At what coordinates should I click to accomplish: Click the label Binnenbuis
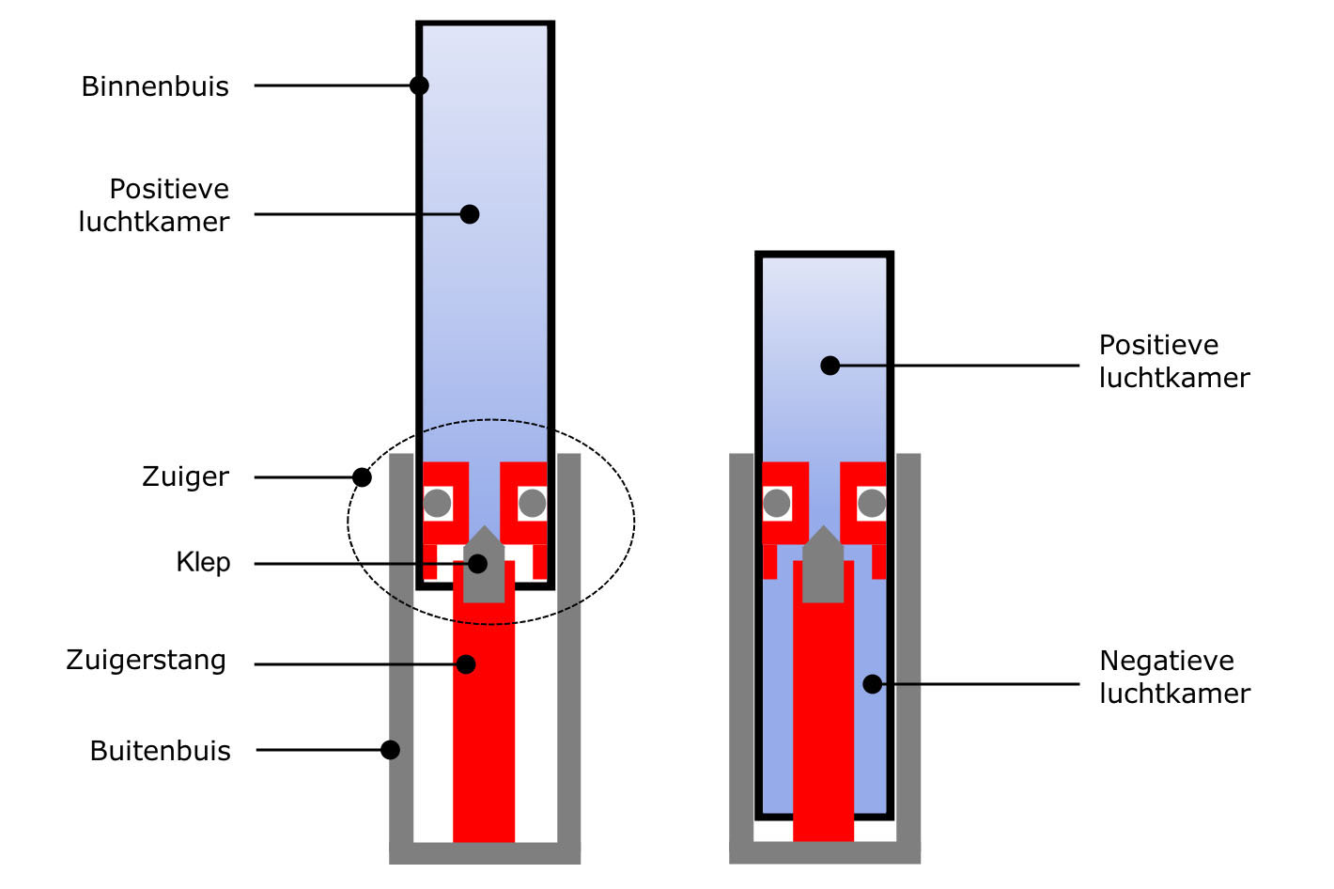click(155, 86)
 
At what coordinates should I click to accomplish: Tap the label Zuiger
click(185, 476)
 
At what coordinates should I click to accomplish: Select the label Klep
click(203, 562)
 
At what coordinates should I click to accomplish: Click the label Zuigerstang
click(146, 660)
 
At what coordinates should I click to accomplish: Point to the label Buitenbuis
click(160, 751)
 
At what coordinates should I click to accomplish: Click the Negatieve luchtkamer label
click(1174, 677)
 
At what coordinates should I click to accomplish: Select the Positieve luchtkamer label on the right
click(1174, 361)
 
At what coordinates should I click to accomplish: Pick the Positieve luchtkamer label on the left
click(155, 205)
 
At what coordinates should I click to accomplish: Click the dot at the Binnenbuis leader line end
click(419, 86)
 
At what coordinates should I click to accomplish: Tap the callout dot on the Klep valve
click(477, 564)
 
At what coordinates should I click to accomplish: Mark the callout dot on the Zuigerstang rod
click(466, 664)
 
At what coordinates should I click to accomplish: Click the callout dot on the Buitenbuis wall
click(390, 750)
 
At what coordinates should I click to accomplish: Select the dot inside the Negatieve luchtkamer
click(873, 684)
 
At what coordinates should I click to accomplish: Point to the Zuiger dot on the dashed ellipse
click(362, 477)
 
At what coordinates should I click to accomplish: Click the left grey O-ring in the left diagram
click(437, 503)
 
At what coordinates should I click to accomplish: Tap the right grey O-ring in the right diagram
click(872, 503)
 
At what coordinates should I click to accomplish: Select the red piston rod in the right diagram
click(823, 733)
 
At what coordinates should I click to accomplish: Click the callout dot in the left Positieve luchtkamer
click(470, 214)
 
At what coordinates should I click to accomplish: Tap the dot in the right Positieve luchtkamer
click(830, 366)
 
